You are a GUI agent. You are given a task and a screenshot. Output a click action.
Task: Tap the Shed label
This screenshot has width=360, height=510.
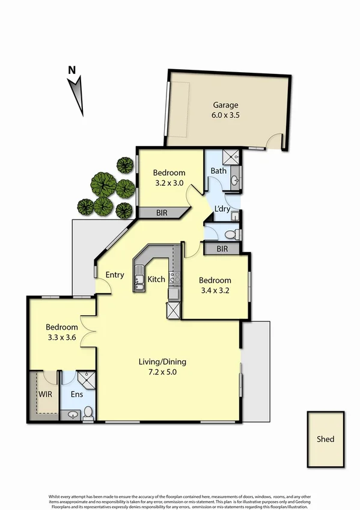325,439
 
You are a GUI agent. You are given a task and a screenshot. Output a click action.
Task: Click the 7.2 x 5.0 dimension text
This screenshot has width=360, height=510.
163,373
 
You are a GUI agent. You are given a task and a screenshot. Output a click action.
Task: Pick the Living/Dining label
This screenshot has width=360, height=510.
163,362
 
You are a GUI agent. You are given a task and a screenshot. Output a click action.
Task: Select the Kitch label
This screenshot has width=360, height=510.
157,280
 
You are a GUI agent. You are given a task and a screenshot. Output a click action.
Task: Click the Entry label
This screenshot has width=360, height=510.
115,275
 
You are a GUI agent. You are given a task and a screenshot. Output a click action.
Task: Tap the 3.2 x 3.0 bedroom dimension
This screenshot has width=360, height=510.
168,183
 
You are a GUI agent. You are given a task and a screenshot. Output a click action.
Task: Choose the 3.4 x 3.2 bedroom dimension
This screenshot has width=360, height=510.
215,292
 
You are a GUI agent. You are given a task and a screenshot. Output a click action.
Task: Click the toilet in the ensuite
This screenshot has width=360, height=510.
88,413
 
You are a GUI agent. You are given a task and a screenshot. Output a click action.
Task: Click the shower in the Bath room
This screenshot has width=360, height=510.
231,158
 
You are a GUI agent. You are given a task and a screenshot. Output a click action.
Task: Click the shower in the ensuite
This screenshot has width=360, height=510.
87,379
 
